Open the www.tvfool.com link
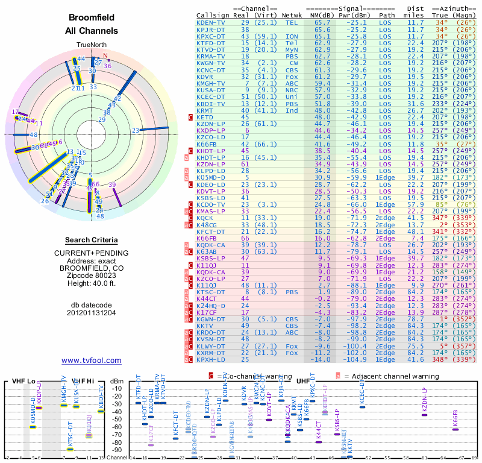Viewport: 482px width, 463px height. (92, 360)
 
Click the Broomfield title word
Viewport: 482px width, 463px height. (92, 17)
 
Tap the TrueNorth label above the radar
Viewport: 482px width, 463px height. (91, 45)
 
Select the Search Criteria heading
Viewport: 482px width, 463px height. (92, 240)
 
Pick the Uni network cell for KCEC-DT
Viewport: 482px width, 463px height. (292, 96)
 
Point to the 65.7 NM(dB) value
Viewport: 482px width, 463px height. (321, 22)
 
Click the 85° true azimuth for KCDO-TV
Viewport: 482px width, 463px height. (443, 204)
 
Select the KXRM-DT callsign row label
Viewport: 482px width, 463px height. (211, 352)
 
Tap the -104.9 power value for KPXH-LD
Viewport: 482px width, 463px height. (354, 359)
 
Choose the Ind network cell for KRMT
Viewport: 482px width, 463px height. (292, 110)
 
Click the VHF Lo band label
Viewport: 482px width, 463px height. (23, 381)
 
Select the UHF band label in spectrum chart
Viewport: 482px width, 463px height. (304, 381)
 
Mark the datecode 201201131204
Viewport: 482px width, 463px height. (92, 312)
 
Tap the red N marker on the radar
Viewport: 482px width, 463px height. (105, 57)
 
